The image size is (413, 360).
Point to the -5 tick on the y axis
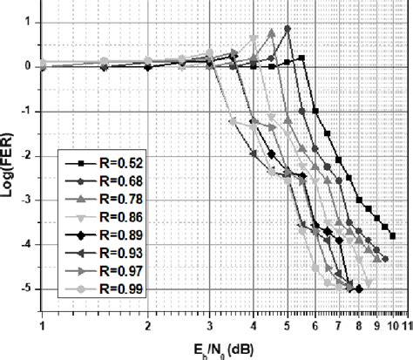click(29, 289)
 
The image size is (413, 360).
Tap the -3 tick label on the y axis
click(29, 200)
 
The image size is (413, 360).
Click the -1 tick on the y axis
click(29, 111)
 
